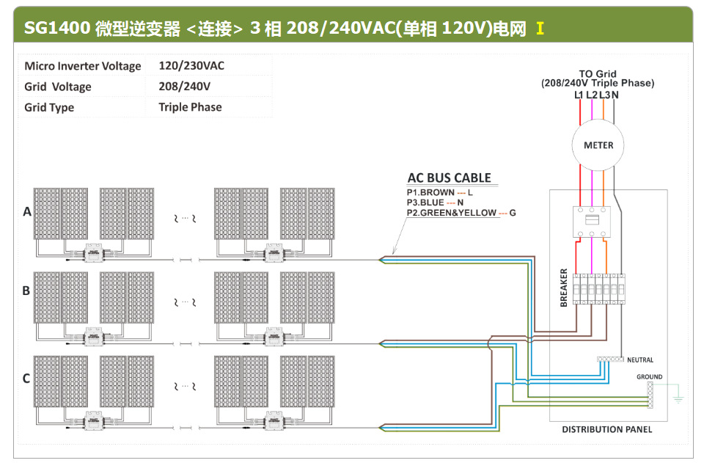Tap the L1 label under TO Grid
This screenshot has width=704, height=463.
(579, 95)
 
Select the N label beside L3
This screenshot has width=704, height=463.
(615, 95)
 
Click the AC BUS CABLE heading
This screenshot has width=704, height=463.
(449, 178)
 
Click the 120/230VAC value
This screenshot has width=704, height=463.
(191, 66)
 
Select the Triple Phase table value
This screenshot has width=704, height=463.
(190, 107)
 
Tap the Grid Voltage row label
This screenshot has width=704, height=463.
(58, 87)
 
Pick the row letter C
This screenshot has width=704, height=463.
(26, 379)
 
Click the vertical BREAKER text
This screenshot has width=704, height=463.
(564, 288)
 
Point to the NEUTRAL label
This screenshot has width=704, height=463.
(639, 360)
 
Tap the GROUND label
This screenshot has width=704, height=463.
(649, 376)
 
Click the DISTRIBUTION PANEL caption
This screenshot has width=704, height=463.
(606, 429)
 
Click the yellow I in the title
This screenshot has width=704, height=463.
(540, 29)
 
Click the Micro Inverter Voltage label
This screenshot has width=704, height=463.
(82, 66)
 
